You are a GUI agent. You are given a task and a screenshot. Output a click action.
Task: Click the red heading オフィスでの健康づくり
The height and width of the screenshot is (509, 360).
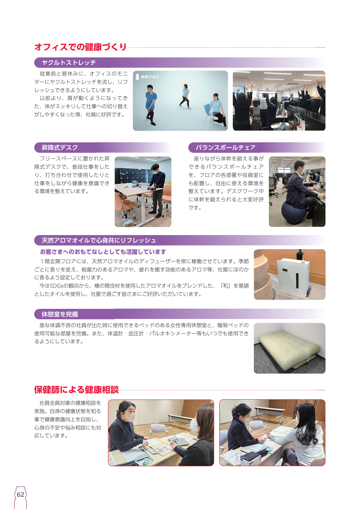(80, 47)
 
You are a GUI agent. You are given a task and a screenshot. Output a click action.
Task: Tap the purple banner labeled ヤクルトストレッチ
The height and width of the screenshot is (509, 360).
(179, 63)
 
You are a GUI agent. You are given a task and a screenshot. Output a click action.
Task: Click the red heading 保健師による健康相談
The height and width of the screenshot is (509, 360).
(76, 390)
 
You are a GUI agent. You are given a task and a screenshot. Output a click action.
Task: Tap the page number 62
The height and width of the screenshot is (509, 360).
(20, 495)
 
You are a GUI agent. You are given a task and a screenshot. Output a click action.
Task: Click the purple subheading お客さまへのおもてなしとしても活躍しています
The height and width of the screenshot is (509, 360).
(103, 252)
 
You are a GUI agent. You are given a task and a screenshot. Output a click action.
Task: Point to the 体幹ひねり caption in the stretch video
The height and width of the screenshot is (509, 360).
(150, 77)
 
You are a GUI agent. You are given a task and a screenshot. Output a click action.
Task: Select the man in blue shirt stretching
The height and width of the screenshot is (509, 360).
(151, 104)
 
